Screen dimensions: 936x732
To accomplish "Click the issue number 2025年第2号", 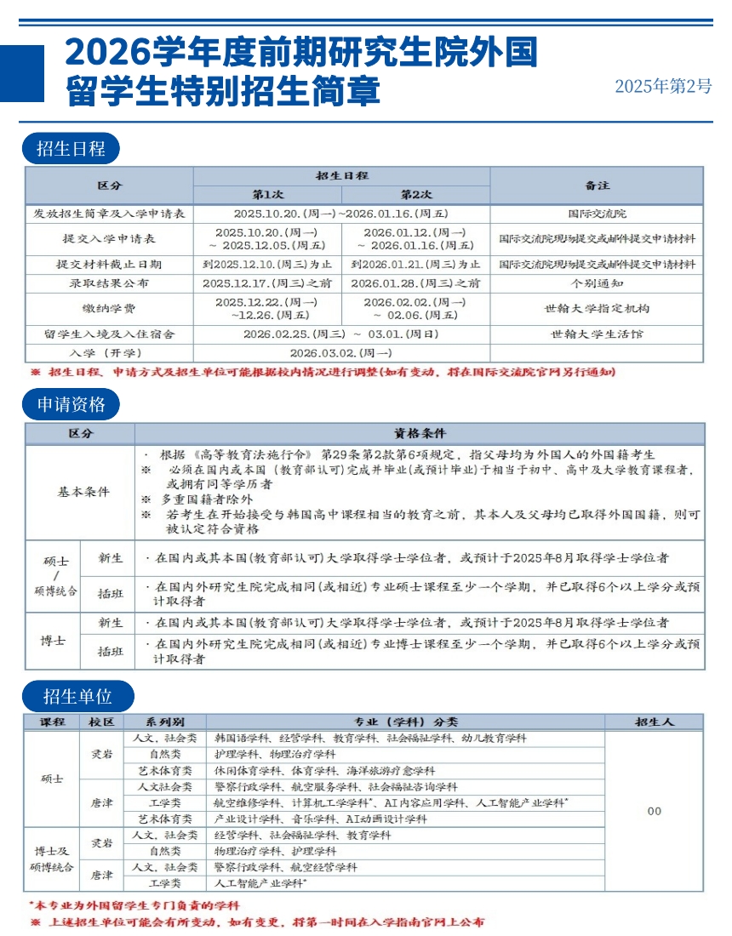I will coord(663,86).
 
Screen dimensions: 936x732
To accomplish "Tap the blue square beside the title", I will coord(22,73).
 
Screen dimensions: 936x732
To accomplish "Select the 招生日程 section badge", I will coord(71,149).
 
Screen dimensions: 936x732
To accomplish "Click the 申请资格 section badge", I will coord(71,404).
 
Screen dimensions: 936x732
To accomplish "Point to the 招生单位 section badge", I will coord(78,698).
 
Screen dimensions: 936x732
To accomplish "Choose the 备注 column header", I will coord(597,185).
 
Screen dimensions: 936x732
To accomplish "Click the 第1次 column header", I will coord(267,194).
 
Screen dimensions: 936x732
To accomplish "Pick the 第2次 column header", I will coord(416,194).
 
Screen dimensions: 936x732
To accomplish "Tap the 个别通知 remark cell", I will coord(597,283).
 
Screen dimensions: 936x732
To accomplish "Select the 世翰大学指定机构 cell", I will coord(597,308).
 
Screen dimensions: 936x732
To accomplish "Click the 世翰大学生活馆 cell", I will coord(597,334).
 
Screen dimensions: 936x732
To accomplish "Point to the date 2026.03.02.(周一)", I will coord(341,352).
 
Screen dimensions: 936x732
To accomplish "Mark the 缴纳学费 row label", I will coord(109,308).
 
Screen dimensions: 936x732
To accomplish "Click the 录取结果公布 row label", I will coord(109,283).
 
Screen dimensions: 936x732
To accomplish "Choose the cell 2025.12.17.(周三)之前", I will coord(267,283).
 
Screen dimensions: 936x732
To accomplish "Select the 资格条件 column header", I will coord(420,433).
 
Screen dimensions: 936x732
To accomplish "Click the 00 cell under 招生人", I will coord(654,811).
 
